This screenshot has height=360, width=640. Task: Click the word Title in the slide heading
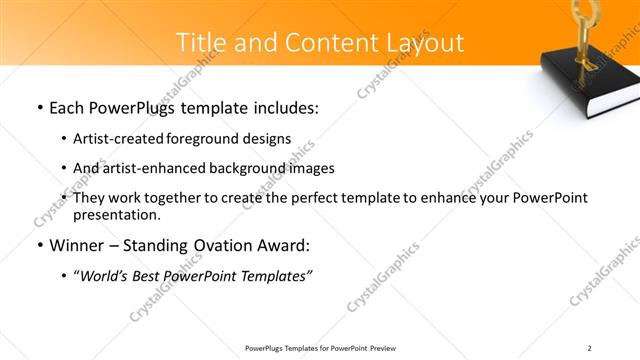click(199, 42)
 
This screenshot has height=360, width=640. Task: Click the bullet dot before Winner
click(39, 246)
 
